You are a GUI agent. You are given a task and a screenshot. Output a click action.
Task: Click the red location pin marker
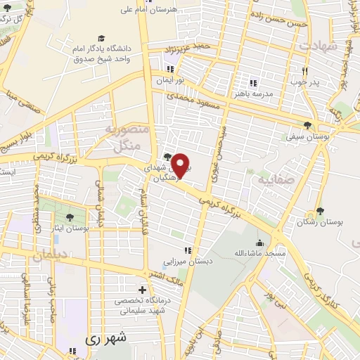(181, 165)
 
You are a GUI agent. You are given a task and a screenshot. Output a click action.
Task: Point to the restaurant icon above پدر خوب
(304, 71)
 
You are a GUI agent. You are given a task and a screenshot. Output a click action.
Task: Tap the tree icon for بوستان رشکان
(321, 210)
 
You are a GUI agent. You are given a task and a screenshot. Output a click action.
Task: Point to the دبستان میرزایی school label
(187, 261)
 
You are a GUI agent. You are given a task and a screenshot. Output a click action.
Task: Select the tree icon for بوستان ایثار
(72, 216)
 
